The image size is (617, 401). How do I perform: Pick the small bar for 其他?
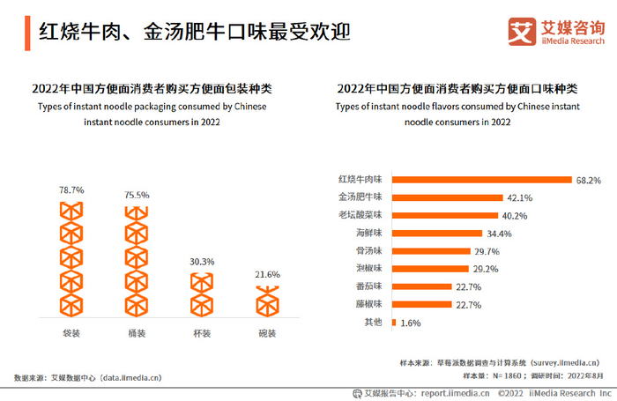(393, 323)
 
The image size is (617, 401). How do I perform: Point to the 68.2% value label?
(589, 180)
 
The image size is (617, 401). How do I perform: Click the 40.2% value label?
(514, 215)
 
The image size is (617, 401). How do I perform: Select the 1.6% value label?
(410, 323)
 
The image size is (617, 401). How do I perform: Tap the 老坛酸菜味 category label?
(361, 215)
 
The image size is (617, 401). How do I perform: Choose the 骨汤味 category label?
(368, 251)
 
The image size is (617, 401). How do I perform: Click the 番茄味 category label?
(368, 287)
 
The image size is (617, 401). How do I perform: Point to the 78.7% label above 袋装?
(71, 189)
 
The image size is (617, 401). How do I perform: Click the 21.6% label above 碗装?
(267, 275)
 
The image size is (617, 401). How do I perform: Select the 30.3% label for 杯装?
(202, 262)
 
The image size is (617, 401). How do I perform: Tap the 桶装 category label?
(137, 334)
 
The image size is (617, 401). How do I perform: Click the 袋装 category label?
(71, 334)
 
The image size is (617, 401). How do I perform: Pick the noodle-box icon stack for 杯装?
(202, 294)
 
